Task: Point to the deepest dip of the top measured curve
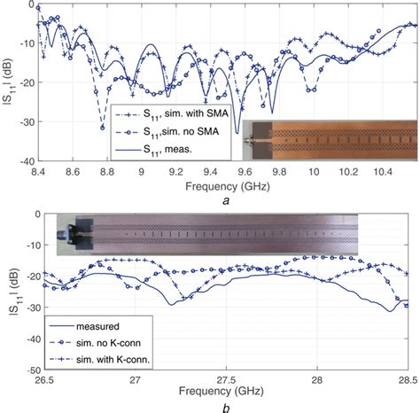[x=237, y=133]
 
